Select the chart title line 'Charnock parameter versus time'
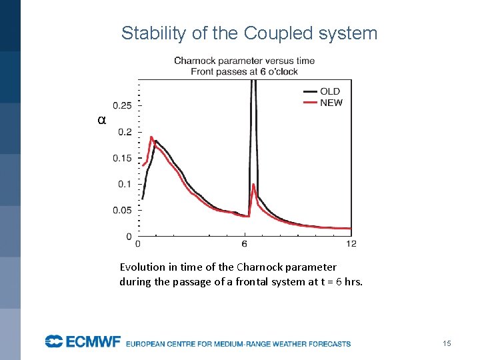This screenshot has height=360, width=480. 244,61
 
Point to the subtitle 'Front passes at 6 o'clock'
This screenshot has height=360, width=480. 244,71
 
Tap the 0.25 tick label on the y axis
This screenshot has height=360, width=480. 122,105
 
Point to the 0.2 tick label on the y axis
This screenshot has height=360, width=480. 125,132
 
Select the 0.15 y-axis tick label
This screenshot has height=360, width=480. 122,158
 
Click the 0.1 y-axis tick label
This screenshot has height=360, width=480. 125,184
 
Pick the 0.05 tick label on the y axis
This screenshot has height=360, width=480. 122,210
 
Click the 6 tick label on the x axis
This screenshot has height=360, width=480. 245,243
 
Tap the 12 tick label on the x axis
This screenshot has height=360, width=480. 351,243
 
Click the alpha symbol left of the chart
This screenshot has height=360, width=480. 101,121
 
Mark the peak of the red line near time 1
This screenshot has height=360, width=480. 151,137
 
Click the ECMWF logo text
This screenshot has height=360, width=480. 83,342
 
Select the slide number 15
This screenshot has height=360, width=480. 447,343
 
